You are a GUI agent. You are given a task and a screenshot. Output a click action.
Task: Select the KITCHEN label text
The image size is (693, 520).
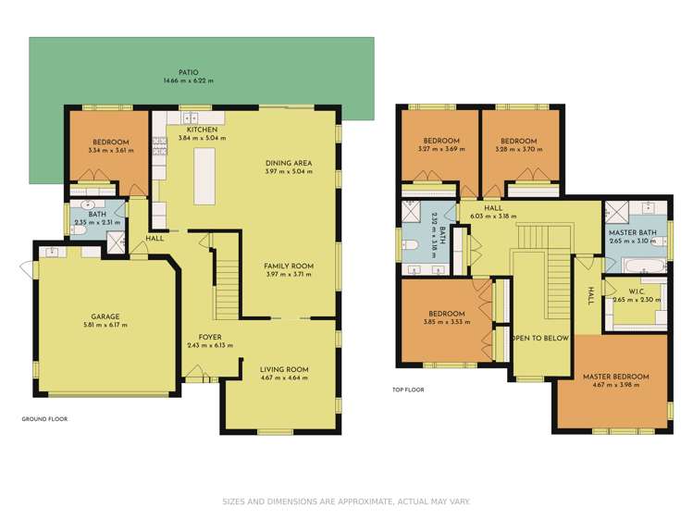[x=202, y=130]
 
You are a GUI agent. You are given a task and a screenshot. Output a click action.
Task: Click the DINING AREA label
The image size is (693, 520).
[x=289, y=163]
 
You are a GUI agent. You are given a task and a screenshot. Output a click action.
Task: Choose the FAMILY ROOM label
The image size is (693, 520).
[x=289, y=266]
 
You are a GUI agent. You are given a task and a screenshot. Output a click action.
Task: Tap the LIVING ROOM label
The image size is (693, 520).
[x=284, y=369]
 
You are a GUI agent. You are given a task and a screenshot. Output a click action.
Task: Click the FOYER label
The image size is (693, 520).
[x=209, y=337]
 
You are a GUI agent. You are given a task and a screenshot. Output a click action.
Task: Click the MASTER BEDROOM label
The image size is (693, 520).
[x=615, y=377]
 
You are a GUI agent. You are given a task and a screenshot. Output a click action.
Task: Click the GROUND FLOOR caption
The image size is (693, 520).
[x=44, y=419]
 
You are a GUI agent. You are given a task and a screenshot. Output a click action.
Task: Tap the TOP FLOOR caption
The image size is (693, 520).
[x=408, y=390]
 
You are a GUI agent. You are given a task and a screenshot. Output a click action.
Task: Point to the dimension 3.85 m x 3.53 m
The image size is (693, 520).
[x=447, y=323]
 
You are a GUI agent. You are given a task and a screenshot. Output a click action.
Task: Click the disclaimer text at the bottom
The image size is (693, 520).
[x=346, y=501]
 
